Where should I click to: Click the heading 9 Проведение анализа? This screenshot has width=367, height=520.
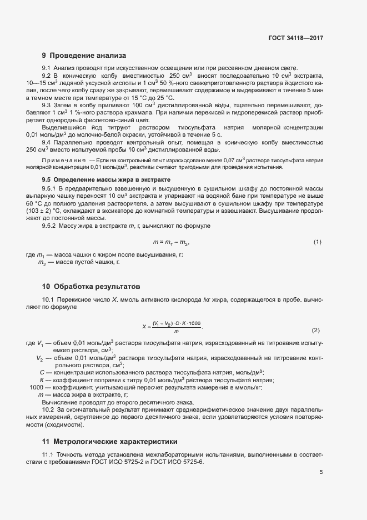pos(84,56)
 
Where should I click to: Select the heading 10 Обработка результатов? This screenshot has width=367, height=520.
pos(91,287)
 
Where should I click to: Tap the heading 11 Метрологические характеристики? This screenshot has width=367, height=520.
pos(109,442)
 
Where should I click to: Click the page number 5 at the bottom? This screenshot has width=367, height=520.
pos(321,473)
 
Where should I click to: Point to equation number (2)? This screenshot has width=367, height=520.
pos(316,330)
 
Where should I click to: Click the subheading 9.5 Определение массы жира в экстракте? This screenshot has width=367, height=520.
pos(106,180)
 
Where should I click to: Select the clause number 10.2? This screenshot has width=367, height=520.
pos(48,409)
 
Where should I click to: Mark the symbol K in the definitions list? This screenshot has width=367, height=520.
pos(42,379)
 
